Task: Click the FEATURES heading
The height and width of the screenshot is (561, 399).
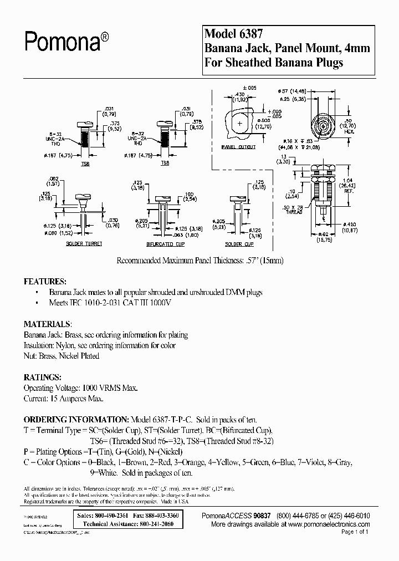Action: pos(45,281)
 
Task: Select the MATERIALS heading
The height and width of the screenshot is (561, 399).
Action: pos(47,324)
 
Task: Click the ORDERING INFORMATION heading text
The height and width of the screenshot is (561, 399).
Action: pos(75,420)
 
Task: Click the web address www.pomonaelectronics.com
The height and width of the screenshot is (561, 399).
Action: pos(329,523)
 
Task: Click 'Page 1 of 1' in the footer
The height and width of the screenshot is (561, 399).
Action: pos(354,532)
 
